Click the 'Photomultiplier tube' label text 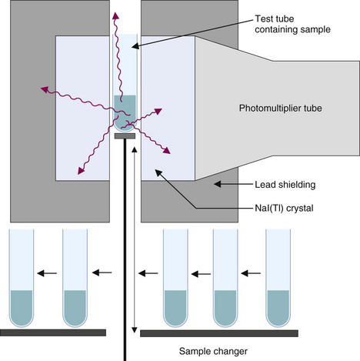click(x=280, y=109)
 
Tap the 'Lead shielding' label click(x=285, y=185)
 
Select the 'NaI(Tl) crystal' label click(x=284, y=208)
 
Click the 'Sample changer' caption click(x=213, y=351)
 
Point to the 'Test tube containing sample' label click(x=292, y=24)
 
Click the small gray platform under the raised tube click(x=125, y=136)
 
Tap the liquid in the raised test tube click(x=125, y=112)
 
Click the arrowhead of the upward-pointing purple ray click(x=116, y=16)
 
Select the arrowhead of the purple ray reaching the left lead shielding click(x=45, y=89)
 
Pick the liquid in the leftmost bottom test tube click(x=22, y=308)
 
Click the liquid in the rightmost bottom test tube click(x=278, y=308)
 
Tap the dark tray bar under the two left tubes click(x=53, y=333)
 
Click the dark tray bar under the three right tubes click(x=219, y=333)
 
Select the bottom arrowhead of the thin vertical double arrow click(x=134, y=330)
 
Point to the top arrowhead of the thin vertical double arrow click(x=134, y=150)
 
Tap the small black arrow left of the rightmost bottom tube click(x=251, y=273)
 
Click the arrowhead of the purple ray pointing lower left click(x=82, y=171)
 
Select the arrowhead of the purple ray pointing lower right click(x=167, y=151)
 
